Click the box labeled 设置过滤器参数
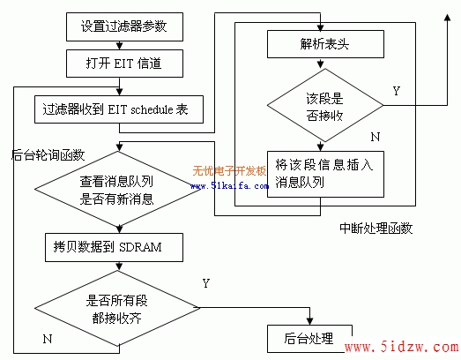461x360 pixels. point(124,26)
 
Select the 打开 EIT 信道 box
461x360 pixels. point(124,64)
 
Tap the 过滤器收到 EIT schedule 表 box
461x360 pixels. point(119,109)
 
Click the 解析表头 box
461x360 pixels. point(325,44)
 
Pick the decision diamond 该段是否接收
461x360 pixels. point(325,105)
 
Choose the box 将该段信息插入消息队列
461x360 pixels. point(325,174)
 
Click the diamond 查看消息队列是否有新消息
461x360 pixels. point(117,190)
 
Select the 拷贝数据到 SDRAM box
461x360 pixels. point(114,247)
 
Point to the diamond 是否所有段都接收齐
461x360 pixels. point(117,308)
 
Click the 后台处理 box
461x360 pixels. point(309,339)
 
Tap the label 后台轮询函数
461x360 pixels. point(48,154)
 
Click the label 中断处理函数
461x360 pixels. point(376,229)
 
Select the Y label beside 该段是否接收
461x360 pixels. point(397,91)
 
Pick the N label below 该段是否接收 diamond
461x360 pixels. point(375,137)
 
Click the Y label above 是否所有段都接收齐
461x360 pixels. point(205,283)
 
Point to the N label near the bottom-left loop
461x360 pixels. point(48,339)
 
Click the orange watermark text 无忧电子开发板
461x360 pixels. point(229,170)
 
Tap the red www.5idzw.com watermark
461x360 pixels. point(402,347)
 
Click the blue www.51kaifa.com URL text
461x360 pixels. point(229,186)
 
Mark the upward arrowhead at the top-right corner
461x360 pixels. point(447,17)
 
